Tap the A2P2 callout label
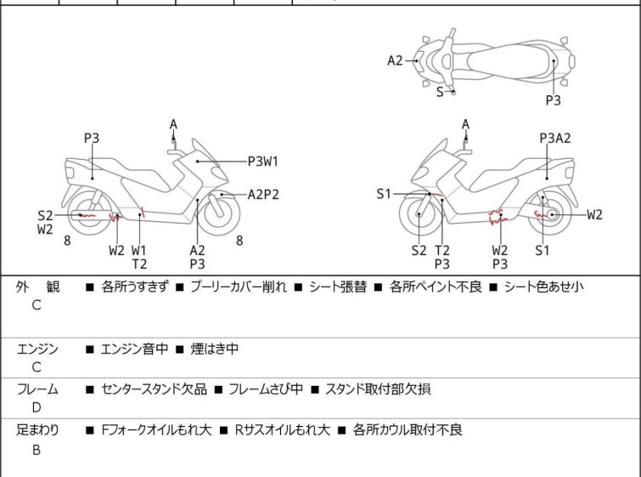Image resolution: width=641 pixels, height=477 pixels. click(x=263, y=194)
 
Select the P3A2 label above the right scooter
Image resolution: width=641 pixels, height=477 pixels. click(x=555, y=138)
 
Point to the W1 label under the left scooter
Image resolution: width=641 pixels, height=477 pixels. click(x=139, y=250)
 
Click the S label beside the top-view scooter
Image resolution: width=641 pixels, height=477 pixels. click(x=440, y=92)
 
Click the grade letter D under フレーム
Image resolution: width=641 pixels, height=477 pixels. click(x=37, y=407)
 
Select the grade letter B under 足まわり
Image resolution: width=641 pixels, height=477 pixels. click(x=37, y=450)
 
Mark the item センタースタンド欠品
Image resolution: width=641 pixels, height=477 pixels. click(x=154, y=389)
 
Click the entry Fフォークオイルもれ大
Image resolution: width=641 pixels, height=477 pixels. click(x=156, y=430)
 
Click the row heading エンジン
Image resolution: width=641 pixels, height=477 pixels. click(x=37, y=349)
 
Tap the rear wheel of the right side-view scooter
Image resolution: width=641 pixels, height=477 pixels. click(x=551, y=215)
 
